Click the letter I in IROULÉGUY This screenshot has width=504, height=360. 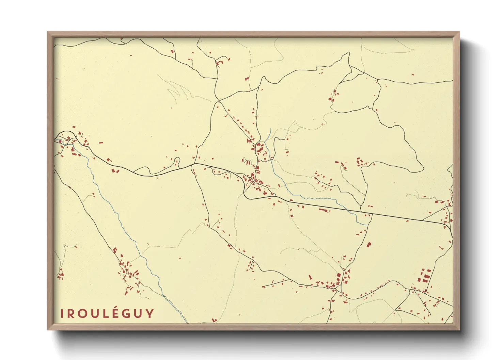62,313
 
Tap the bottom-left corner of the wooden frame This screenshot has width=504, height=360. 48,329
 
